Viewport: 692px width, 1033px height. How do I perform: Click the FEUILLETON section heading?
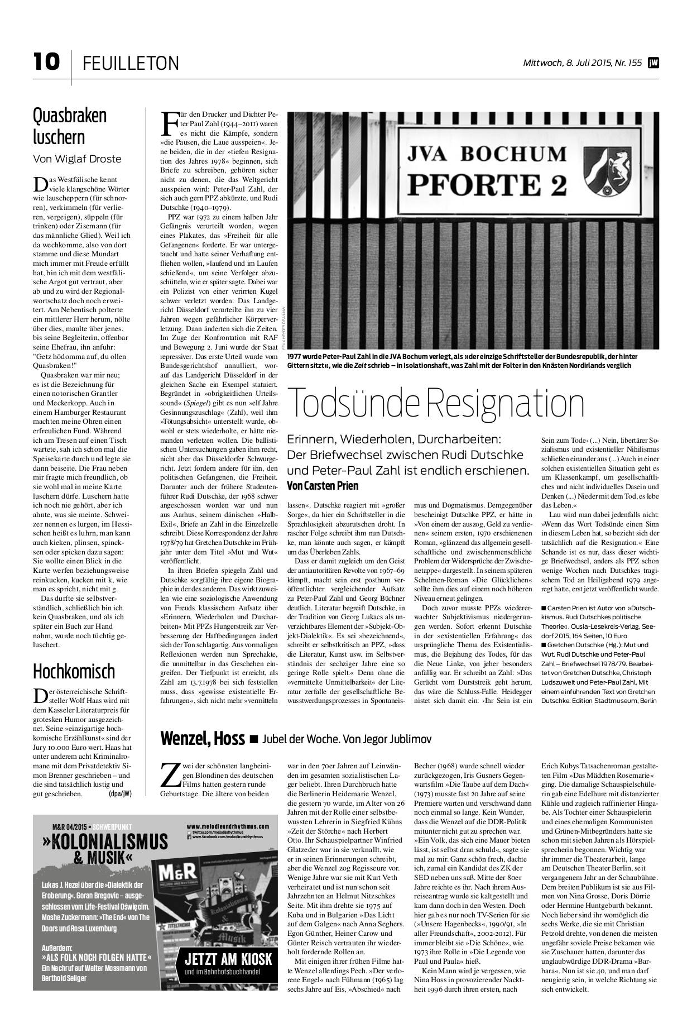131,64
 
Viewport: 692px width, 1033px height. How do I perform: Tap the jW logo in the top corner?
653,63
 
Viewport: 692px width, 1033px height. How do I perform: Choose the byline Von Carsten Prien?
322,485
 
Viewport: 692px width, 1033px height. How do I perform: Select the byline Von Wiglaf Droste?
77,159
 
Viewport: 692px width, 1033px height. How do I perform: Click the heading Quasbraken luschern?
70,126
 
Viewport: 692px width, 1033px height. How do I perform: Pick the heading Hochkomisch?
74,671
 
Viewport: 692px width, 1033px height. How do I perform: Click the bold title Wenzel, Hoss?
203,739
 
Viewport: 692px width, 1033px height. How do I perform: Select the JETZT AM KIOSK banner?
228,960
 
